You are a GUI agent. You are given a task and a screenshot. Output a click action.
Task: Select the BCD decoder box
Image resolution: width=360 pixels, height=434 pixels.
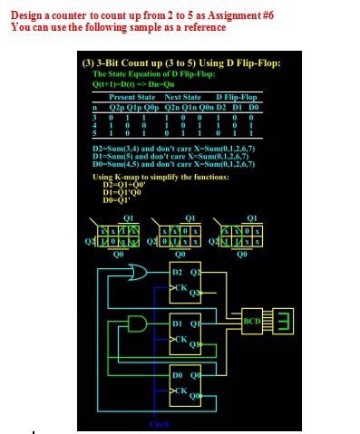pos(252,321)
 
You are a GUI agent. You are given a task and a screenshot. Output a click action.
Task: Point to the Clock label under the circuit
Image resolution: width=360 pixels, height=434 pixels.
pos(159,424)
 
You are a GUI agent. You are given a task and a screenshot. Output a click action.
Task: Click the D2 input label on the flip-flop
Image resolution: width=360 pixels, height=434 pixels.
pos(178,272)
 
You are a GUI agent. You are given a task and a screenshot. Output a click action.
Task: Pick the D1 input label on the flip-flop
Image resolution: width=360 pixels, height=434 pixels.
pos(178,323)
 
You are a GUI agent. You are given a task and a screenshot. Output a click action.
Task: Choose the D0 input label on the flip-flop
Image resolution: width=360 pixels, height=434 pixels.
pos(178,373)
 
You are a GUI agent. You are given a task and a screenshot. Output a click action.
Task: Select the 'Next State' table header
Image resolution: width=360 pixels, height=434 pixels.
pos(182,96)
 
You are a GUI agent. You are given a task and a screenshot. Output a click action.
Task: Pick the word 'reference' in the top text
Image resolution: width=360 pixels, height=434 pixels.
pos(199,27)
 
